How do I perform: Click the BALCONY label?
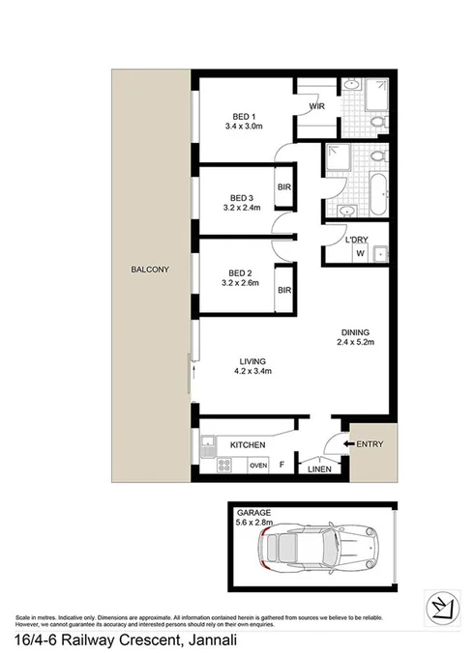coord(150,270)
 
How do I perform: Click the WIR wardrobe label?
coord(316,106)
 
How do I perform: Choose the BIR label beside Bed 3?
coord(283,187)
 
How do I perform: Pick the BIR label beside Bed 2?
coord(283,290)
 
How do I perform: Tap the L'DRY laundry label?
coord(348,240)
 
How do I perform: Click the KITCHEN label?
coord(248,444)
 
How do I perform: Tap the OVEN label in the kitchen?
coord(257,466)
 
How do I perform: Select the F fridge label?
coord(281,466)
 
